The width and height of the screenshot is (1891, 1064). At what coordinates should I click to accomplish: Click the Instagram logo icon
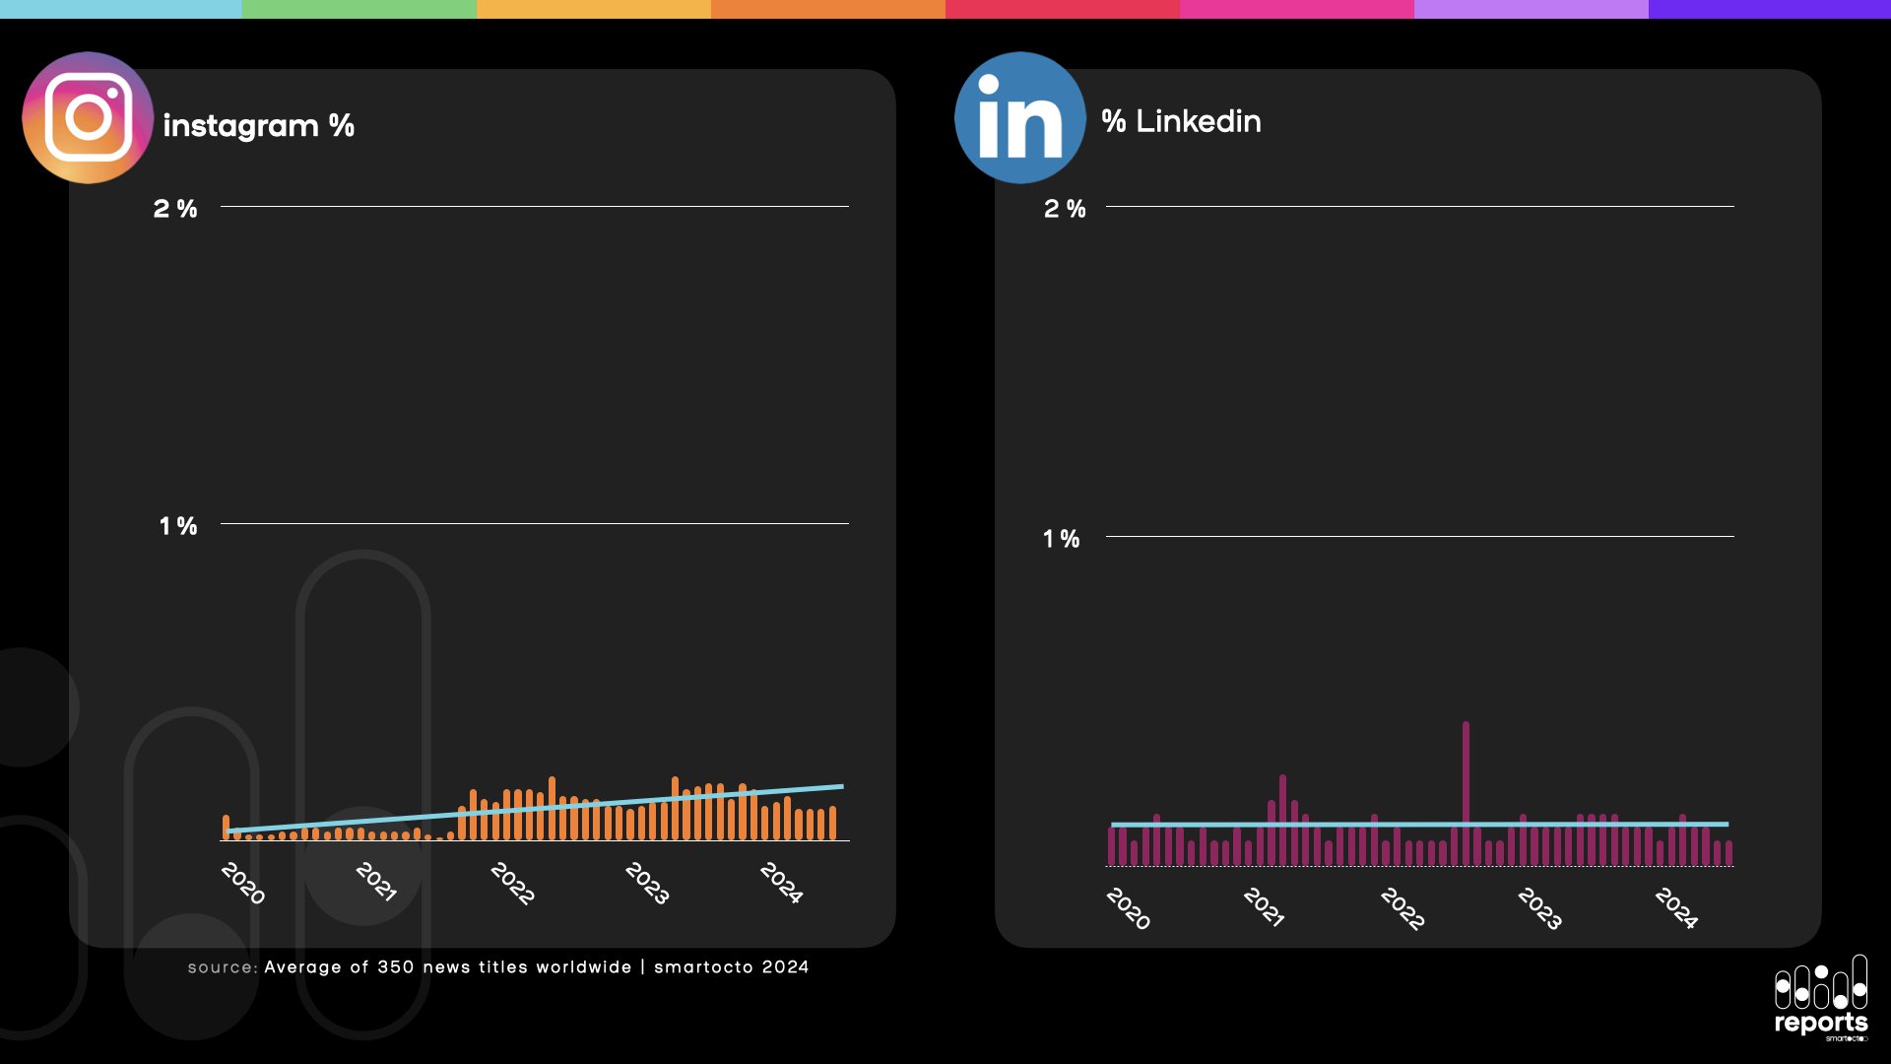88,117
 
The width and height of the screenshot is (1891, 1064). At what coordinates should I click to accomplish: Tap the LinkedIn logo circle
1019,117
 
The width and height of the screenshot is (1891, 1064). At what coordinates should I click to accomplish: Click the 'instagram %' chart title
258,125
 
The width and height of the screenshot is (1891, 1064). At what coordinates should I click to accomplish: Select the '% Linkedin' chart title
1181,121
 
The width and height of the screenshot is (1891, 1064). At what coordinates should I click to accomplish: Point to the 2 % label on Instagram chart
175,209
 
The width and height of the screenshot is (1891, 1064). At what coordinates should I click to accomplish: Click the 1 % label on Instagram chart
178,526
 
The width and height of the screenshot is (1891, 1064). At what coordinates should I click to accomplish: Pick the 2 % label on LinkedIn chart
1065,209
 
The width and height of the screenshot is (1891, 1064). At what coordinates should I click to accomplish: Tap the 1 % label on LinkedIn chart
1062,539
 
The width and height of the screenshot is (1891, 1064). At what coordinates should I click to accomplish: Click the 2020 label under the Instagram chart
243,883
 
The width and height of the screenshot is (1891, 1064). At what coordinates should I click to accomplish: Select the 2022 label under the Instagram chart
512,883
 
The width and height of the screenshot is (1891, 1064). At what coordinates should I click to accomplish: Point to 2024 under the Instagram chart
781,883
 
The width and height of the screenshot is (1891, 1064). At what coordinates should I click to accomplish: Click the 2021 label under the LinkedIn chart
1264,907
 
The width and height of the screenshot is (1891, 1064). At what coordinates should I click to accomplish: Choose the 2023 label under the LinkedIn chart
1539,907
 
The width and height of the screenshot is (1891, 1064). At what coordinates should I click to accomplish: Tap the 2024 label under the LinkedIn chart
1676,907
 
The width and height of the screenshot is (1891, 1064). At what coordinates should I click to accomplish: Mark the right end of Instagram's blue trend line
842,786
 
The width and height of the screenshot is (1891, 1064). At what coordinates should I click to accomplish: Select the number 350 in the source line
395,967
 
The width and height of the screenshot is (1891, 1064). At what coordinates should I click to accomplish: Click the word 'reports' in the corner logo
1820,1023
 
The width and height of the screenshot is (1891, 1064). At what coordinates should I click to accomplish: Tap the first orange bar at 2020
226,828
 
